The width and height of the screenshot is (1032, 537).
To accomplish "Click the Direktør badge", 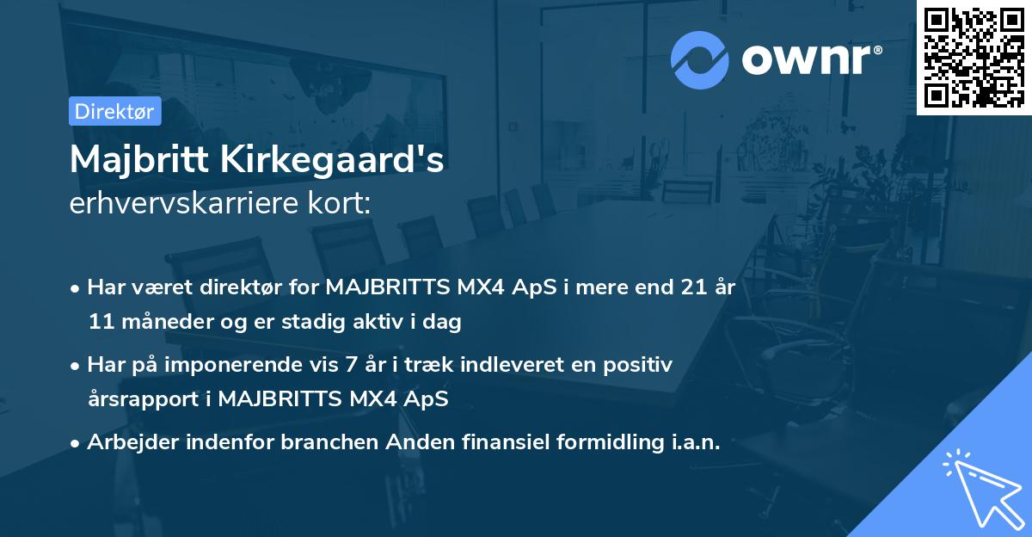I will [114, 111].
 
